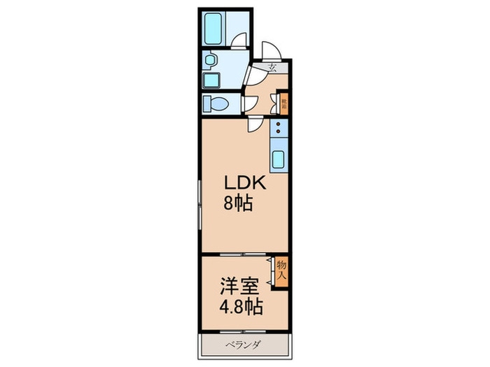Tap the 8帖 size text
coord(238,205)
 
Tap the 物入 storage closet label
coord(281,270)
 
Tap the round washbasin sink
coord(209,61)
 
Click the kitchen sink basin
coord(279,159)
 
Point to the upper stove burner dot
coord(279,124)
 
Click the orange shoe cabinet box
coord(284,105)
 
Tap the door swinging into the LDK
coord(255,126)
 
